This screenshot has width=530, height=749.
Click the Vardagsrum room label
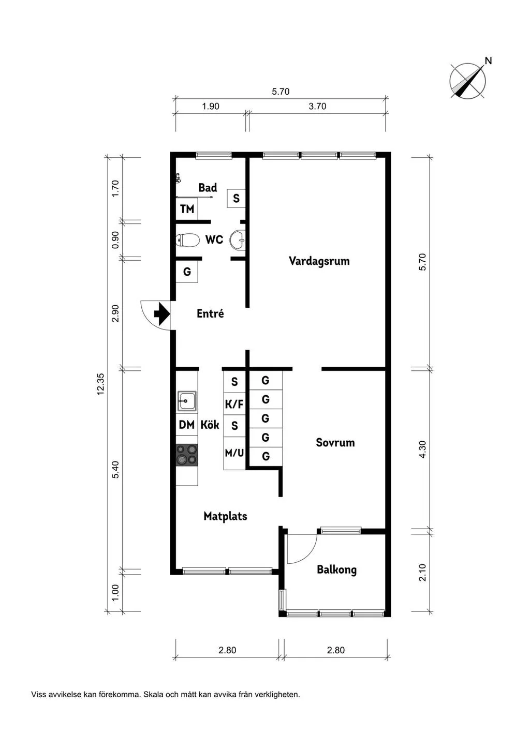pyautogui.click(x=319, y=261)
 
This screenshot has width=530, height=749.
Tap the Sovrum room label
pyautogui.click(x=335, y=443)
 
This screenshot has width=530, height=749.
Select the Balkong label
pyautogui.click(x=336, y=570)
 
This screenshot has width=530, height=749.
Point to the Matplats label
pyautogui.click(x=225, y=516)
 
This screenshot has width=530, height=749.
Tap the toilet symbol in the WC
pyautogui.click(x=188, y=240)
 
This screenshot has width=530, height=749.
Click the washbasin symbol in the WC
pyautogui.click(x=238, y=240)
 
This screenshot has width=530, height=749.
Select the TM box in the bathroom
pyautogui.click(x=187, y=209)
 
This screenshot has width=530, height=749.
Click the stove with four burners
pyautogui.click(x=187, y=455)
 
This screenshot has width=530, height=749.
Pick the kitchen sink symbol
pyautogui.click(x=187, y=400)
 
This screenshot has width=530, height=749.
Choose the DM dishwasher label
pyautogui.click(x=186, y=425)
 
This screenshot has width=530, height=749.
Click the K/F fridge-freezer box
pyautogui.click(x=234, y=405)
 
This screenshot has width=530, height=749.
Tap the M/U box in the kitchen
pyautogui.click(x=234, y=453)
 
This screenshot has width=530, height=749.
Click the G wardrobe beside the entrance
pyautogui.click(x=187, y=272)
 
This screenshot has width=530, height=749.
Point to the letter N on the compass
pyautogui.click(x=488, y=61)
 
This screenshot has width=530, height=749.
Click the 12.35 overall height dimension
pyautogui.click(x=100, y=384)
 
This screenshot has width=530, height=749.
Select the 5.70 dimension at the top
pyautogui.click(x=281, y=92)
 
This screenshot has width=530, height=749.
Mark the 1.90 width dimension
pyautogui.click(x=210, y=107)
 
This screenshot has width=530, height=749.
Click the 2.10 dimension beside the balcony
pyautogui.click(x=422, y=572)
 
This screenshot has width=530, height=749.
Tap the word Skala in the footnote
pyautogui.click(x=153, y=695)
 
